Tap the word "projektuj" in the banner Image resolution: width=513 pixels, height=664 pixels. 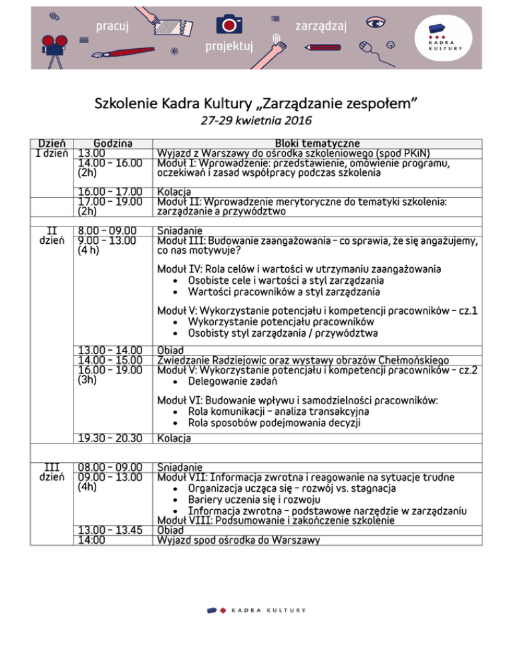coord(230,47)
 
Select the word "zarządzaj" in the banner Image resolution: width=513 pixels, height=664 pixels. coord(321,26)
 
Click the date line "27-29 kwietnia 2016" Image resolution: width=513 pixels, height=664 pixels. coord(256,122)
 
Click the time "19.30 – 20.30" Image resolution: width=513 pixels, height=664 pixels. coord(109,438)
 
